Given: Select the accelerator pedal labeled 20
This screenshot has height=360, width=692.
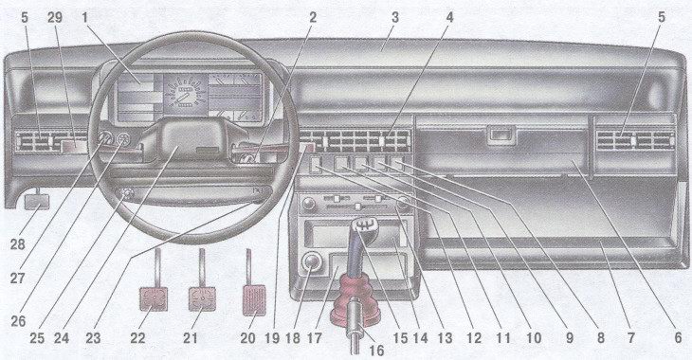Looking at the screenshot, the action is pyautogui.click(x=254, y=301).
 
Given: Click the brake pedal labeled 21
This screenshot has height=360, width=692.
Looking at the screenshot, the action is pyautogui.click(x=202, y=298).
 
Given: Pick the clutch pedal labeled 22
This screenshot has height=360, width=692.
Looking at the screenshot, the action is pyautogui.click(x=154, y=298).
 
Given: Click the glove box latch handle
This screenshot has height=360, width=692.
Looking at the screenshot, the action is pyautogui.click(x=501, y=135).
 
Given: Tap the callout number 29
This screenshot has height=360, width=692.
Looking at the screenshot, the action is pyautogui.click(x=55, y=18).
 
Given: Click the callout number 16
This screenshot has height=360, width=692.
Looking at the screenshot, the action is pyautogui.click(x=375, y=351).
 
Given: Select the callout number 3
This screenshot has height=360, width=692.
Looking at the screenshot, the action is pyautogui.click(x=395, y=18).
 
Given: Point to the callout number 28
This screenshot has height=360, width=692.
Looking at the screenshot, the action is pyautogui.click(x=18, y=244).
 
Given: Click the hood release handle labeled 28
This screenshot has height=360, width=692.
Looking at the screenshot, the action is pyautogui.click(x=37, y=202).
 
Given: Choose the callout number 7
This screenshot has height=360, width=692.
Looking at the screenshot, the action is pyautogui.click(x=631, y=338).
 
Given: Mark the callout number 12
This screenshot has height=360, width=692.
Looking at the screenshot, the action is pyautogui.click(x=474, y=338).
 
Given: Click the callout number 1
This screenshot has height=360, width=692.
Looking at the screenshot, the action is pyautogui.click(x=84, y=18).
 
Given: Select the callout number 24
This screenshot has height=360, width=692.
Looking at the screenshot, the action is pyautogui.click(x=62, y=338).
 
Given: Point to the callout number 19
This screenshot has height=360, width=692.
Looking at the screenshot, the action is pyautogui.click(x=273, y=338).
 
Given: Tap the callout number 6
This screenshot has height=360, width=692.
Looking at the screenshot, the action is pyautogui.click(x=678, y=338).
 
